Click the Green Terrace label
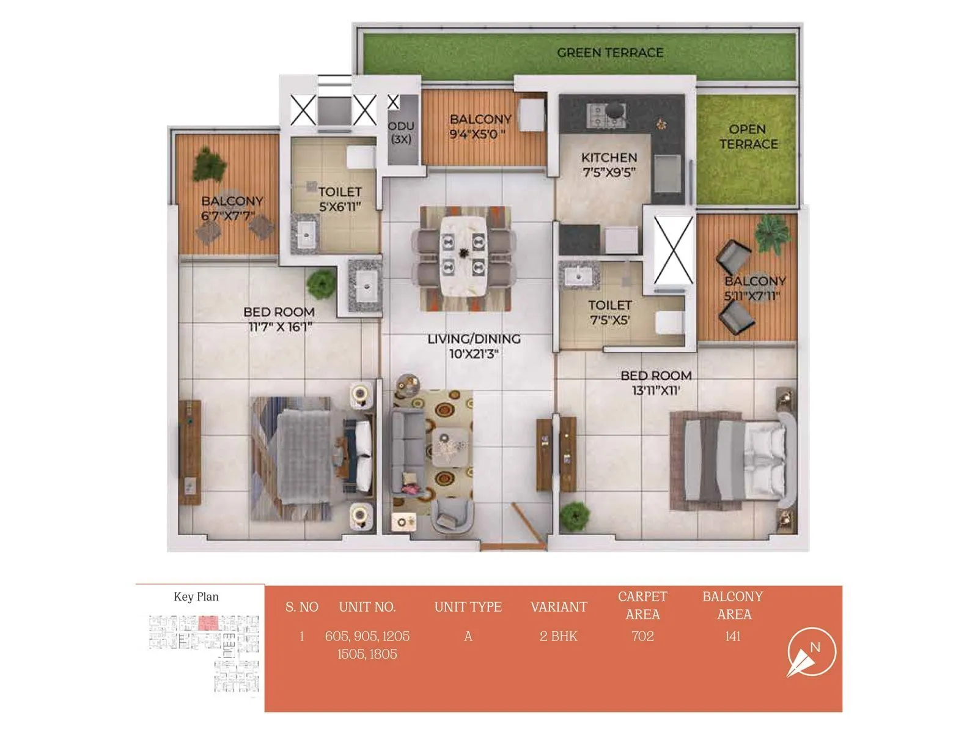(609, 53)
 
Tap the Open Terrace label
(748, 137)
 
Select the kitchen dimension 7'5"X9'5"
(609, 172)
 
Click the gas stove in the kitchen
(605, 115)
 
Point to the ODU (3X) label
(401, 133)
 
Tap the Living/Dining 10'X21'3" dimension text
(474, 354)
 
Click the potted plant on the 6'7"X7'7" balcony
(210, 163)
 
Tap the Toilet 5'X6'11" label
(340, 199)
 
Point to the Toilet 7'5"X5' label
(609, 312)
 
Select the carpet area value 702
(642, 636)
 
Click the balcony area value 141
(732, 636)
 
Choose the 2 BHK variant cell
(558, 636)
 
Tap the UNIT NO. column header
(367, 607)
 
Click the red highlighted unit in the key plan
(208, 623)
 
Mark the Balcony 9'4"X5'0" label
(480, 127)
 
